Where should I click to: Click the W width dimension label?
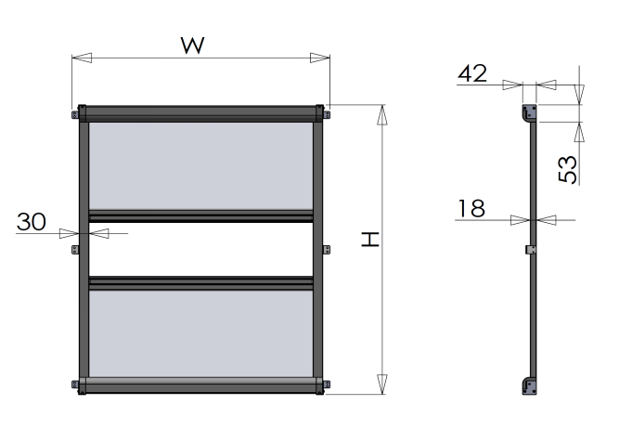click(x=193, y=46)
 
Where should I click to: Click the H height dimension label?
click(x=370, y=239)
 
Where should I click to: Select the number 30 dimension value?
click(x=32, y=222)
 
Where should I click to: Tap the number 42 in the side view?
click(x=472, y=73)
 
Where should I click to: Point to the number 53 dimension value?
click(x=568, y=169)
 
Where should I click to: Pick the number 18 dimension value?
click(x=471, y=208)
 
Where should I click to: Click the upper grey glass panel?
click(x=200, y=165)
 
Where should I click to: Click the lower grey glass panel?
click(x=200, y=333)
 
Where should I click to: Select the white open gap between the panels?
click(x=200, y=249)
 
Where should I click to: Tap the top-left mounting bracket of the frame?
click(x=75, y=115)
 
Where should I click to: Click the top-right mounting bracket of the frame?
click(x=327, y=115)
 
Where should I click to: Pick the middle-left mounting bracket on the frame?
click(x=75, y=250)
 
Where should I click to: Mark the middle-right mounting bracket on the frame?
click(x=327, y=250)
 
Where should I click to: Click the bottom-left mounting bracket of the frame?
click(x=75, y=385)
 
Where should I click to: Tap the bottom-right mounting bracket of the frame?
click(x=327, y=385)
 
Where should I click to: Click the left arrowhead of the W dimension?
click(x=82, y=58)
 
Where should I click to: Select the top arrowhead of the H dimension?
click(x=382, y=115)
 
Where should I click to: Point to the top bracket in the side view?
click(x=529, y=112)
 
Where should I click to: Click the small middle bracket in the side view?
click(x=531, y=250)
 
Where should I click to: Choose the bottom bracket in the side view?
click(x=529, y=385)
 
